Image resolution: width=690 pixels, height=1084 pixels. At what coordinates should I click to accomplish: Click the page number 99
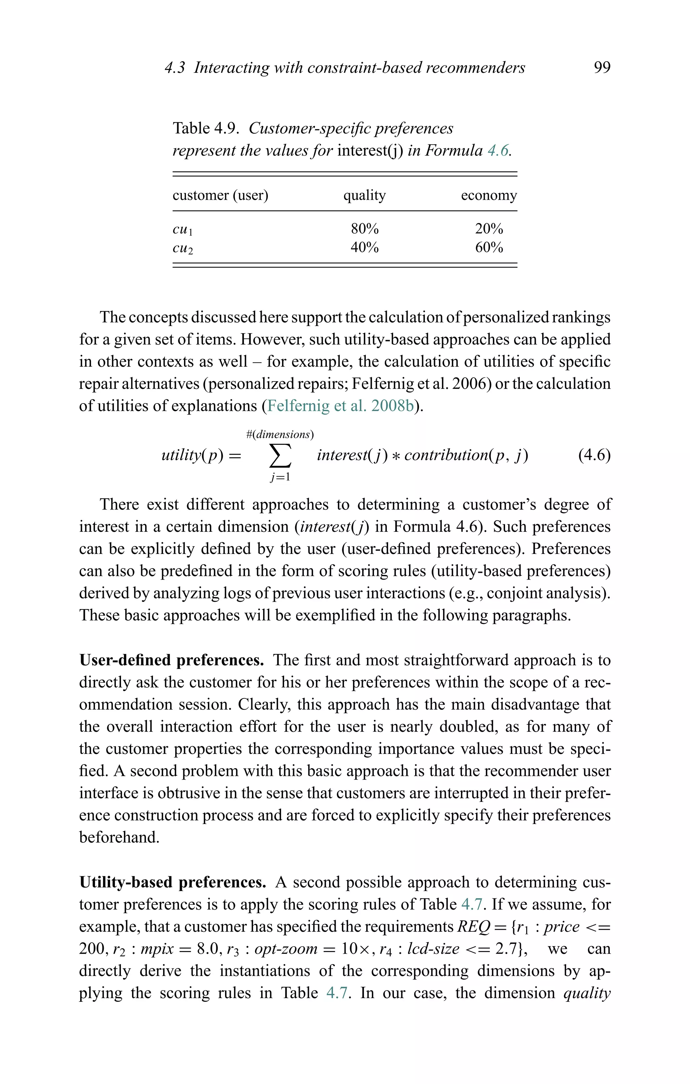tap(602, 68)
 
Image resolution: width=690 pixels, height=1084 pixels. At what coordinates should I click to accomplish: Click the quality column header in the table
tap(364, 195)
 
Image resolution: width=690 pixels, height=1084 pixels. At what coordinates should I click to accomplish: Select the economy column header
tap(489, 195)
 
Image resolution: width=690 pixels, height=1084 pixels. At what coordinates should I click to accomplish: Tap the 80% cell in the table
tap(364, 229)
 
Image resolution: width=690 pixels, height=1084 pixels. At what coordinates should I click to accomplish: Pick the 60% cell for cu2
tap(489, 248)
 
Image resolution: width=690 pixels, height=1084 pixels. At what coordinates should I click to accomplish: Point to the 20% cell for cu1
tap(489, 229)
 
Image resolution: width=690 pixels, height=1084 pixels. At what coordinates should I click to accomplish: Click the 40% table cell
tap(364, 248)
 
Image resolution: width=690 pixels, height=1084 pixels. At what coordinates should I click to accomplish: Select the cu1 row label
tap(182, 230)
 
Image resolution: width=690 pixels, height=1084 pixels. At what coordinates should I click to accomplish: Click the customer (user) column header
tap(220, 195)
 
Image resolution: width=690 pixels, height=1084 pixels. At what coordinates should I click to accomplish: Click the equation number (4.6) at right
tap(594, 456)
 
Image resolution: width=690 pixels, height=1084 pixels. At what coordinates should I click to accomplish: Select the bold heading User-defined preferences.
tap(171, 660)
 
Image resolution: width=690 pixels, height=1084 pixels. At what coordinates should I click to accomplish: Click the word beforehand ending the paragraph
tap(119, 837)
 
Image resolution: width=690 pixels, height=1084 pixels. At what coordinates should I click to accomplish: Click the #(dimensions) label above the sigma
tap(280, 434)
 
